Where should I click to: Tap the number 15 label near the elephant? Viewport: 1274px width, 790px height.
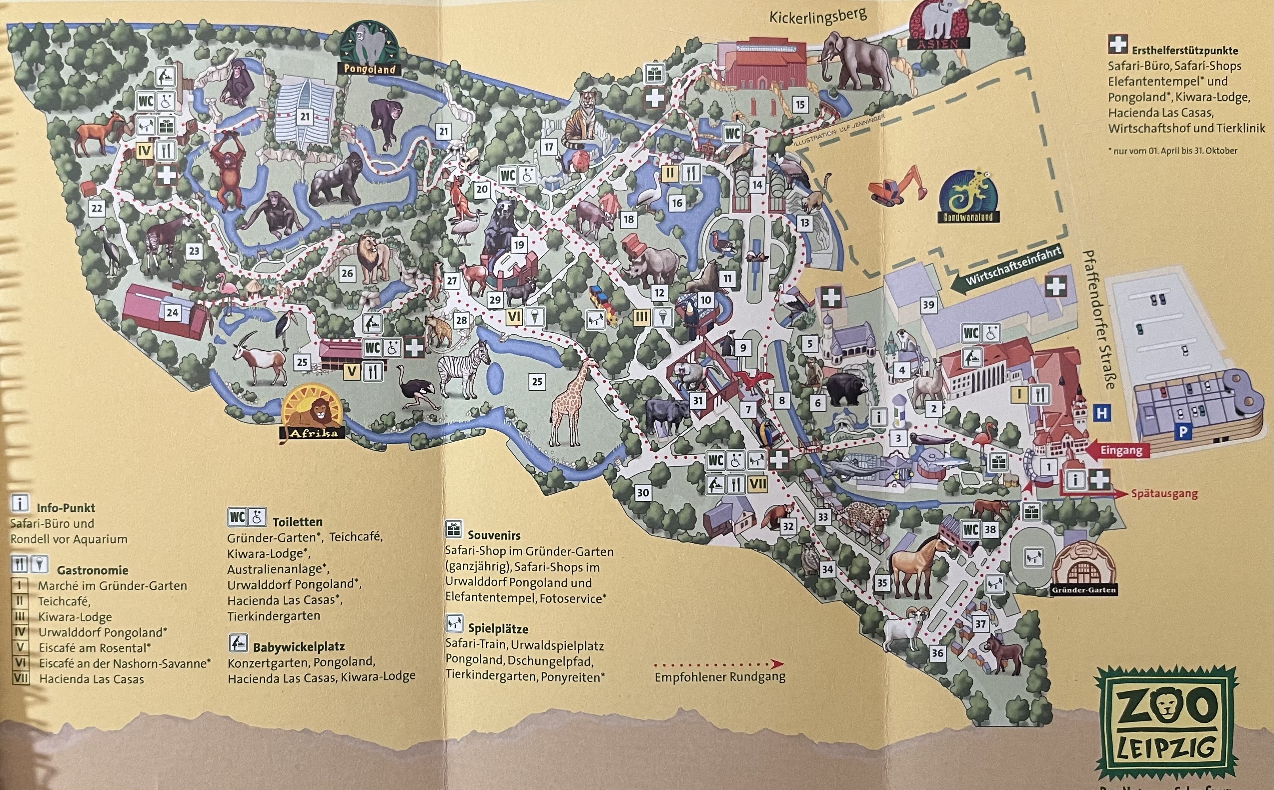click(x=800, y=105)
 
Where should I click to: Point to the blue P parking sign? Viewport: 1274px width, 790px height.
click(x=1182, y=433)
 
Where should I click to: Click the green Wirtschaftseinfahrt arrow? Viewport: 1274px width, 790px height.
click(x=1006, y=267)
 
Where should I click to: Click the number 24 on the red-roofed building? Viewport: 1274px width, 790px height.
click(x=172, y=313)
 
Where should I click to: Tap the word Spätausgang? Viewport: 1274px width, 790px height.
click(x=1164, y=494)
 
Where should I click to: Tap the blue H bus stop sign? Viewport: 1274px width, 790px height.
click(x=1102, y=413)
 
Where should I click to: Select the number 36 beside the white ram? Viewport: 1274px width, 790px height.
click(x=937, y=653)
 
